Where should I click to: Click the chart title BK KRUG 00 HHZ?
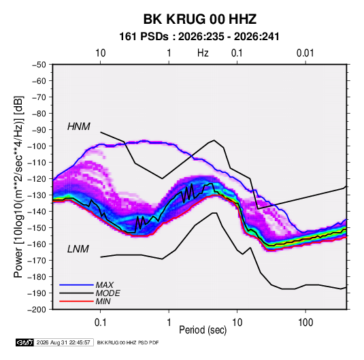pos(200,19)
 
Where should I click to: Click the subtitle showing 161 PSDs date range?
pos(199,37)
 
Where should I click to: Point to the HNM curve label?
pos(79,127)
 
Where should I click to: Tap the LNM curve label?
pos(78,249)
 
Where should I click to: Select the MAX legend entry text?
pos(105,284)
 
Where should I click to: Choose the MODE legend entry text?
pos(107,293)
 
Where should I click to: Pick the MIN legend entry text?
pos(103,301)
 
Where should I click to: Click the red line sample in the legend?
pos(76,301)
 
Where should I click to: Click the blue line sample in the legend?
pos(76,284)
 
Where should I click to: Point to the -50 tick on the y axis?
pos(39,65)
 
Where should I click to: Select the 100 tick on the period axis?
pos(305,323)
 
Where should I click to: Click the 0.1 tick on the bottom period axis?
pos(100,323)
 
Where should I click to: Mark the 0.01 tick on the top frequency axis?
pos(305,53)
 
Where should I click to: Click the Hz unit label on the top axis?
pos(203,53)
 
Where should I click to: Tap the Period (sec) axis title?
pos(203,330)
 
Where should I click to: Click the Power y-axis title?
pos(18,186)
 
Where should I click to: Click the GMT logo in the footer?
pos(25,342)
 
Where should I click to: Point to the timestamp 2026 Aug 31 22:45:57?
pos(63,342)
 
